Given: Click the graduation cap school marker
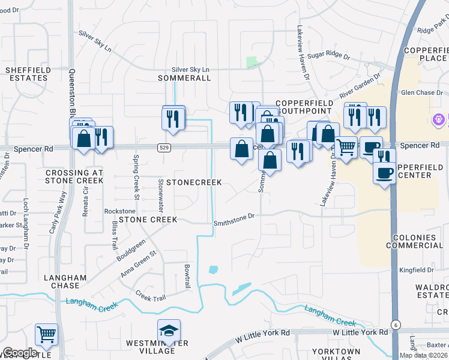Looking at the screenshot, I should pos(169,331).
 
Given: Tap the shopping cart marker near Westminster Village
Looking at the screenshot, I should pos(46,335).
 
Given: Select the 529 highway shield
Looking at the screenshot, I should pos(164,147).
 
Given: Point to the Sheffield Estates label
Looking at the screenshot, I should pos(26,74).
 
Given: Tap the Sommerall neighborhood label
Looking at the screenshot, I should pos(184,78).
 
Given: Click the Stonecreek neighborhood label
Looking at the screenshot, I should pos(194,182).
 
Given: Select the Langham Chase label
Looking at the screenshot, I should pos(65,282).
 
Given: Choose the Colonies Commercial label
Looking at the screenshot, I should pos(418,242).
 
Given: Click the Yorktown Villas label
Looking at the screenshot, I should pos(336,355).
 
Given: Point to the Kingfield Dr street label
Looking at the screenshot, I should pos(420,269).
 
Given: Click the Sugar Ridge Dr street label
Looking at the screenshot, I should pos(328,55).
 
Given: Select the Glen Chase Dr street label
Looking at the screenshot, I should pos(421,92).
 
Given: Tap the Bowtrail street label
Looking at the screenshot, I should pos(187,276).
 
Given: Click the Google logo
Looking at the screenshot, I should pos(20,353).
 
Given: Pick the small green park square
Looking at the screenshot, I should pos(253,62).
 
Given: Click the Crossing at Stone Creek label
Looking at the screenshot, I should pos(75,176).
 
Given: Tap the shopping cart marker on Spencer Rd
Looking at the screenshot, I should pos(346,147).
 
